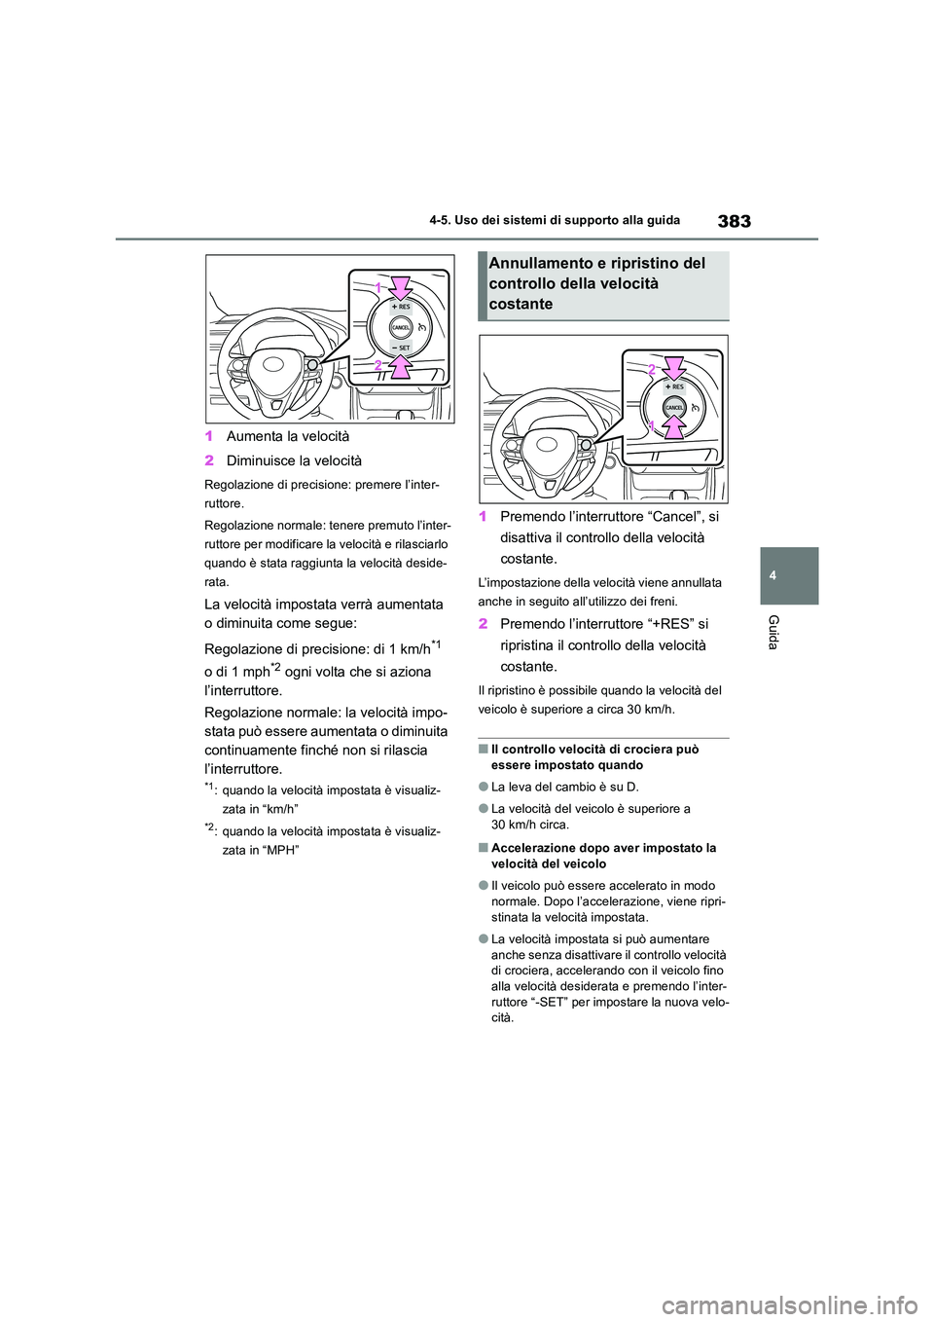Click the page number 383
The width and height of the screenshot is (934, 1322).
[x=734, y=221]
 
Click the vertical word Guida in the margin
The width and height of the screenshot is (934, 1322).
[x=773, y=633]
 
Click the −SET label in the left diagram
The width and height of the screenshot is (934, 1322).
[x=400, y=348]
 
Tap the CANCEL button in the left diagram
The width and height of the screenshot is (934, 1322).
[x=400, y=327]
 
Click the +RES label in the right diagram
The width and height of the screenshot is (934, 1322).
[x=673, y=386]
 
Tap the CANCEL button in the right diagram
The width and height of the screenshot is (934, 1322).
[x=673, y=407]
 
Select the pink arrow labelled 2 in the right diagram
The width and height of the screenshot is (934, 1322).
[x=672, y=368]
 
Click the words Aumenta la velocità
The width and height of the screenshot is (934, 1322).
[x=287, y=436]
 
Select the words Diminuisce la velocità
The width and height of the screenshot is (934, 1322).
[x=294, y=460]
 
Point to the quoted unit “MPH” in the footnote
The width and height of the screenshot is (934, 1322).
[x=279, y=850]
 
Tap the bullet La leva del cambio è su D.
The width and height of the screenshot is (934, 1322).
[x=565, y=787]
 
